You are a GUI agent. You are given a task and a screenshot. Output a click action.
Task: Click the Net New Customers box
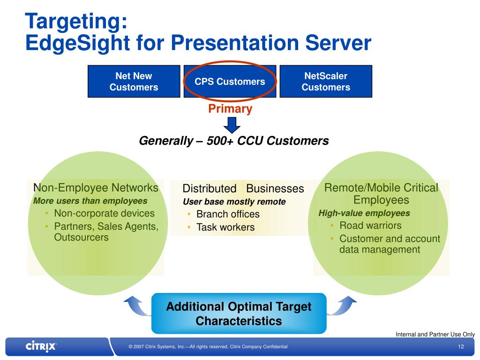134,82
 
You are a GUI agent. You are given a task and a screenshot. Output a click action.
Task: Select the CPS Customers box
230,82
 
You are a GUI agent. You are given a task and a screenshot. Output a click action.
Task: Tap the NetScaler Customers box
326,82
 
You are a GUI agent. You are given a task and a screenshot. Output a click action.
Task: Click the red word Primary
230,109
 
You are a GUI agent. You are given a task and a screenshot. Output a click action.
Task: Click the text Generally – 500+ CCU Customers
234,141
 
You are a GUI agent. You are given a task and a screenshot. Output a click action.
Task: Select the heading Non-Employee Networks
96,188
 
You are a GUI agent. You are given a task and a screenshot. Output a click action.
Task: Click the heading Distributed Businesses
243,188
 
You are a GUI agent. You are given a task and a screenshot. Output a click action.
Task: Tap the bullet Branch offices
228,214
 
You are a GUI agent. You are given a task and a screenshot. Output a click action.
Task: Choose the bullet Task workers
225,227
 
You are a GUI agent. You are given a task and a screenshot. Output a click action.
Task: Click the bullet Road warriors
370,225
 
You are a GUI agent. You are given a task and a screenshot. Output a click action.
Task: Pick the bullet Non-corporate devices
104,213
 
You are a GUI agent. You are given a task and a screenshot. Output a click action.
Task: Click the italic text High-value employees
364,213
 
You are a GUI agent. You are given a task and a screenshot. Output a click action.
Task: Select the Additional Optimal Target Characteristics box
239,314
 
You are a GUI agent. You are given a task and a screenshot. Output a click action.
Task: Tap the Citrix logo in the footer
41,346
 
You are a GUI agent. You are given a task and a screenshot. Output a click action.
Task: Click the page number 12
461,346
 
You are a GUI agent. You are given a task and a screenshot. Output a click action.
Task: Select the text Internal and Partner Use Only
435,334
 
